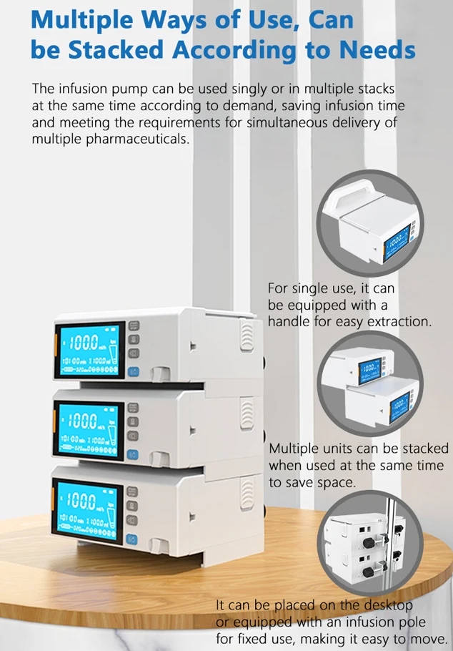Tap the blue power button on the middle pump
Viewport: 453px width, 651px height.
click(131, 454)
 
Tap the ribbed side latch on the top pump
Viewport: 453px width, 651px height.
click(247, 336)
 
